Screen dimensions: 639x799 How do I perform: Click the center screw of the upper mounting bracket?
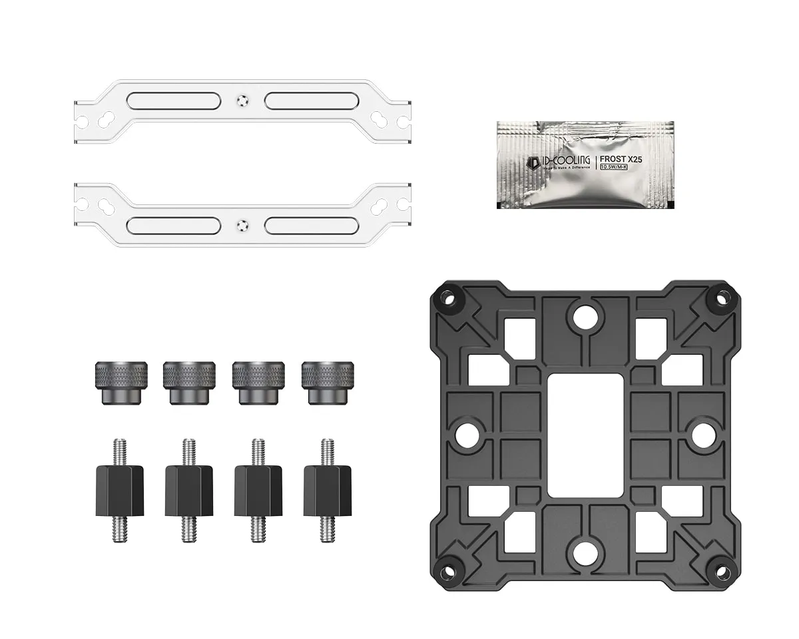(242, 101)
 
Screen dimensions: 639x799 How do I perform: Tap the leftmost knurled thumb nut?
(121, 382)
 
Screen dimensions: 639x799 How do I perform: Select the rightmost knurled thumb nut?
(326, 382)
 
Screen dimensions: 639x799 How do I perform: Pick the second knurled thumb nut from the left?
(189, 382)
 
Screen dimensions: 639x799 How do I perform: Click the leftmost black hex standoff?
(121, 490)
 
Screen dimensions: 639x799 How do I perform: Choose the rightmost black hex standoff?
(327, 490)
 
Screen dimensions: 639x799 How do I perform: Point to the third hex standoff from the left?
(258, 490)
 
